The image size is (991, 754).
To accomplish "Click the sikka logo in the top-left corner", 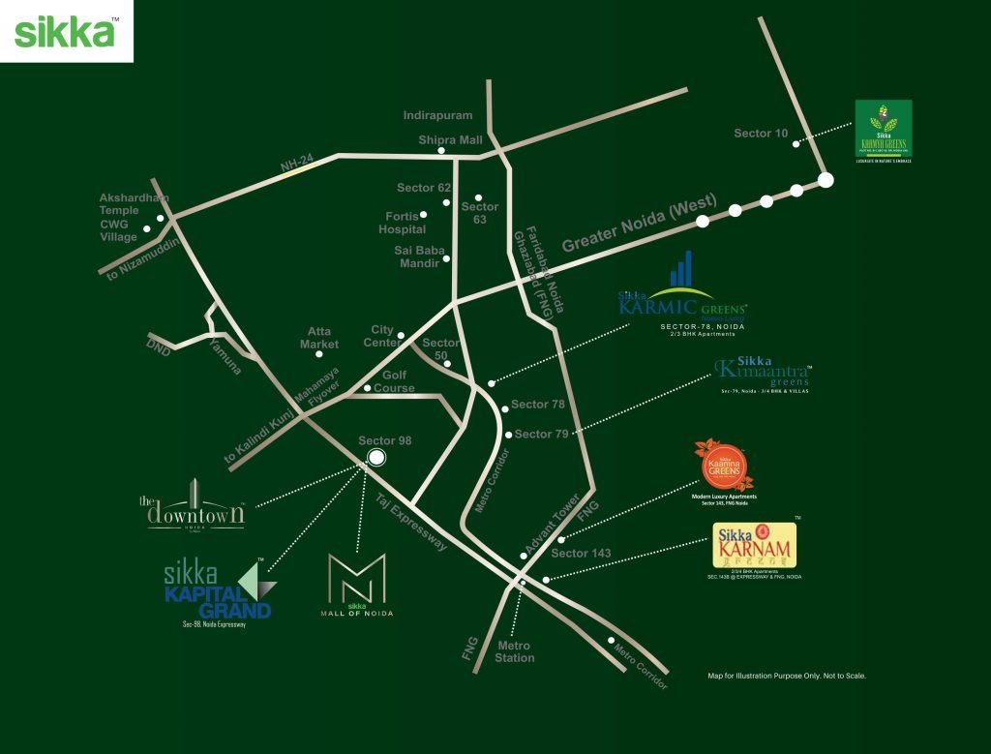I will tap(66, 31).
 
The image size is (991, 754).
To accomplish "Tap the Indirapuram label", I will tap(438, 116).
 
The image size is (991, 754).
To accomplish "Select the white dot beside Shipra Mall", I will tap(441, 151).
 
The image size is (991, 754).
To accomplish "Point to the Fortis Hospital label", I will tap(402, 223).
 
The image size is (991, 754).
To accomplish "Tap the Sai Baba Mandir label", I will tap(419, 256).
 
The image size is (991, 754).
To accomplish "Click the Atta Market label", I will tap(319, 338).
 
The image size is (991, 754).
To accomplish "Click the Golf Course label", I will tap(394, 381).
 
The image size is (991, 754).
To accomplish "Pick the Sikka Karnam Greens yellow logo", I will tap(752, 547).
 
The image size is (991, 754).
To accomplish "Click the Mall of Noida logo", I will tap(357, 584).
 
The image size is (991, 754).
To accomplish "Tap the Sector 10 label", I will tap(761, 134).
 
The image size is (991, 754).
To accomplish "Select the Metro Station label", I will tap(514, 651).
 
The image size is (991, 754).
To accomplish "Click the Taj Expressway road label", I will tap(412, 522).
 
